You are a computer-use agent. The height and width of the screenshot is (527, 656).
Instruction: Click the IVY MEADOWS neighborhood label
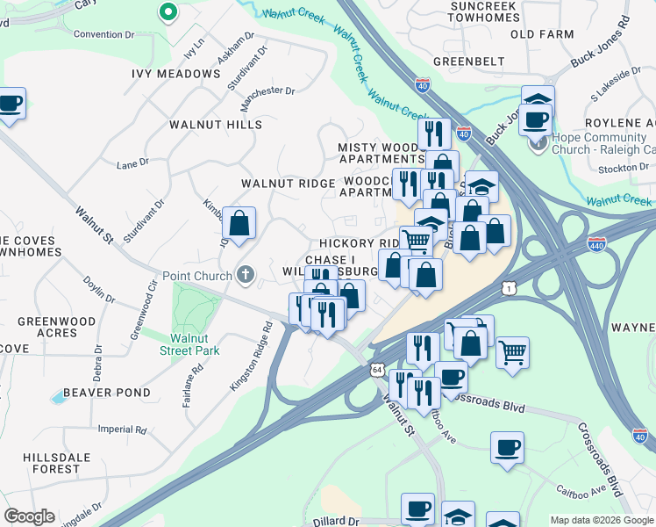point(176,74)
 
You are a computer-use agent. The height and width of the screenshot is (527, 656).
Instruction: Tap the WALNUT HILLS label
point(217,125)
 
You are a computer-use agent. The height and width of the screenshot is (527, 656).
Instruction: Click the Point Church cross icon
point(245,276)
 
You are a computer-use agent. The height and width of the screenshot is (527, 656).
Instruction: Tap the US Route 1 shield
point(508,288)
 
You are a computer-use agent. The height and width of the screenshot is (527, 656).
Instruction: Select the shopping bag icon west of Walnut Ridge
point(239,225)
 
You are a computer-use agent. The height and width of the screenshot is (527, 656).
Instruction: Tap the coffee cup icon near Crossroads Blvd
point(507,447)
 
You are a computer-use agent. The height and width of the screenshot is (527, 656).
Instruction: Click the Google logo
point(29,516)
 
